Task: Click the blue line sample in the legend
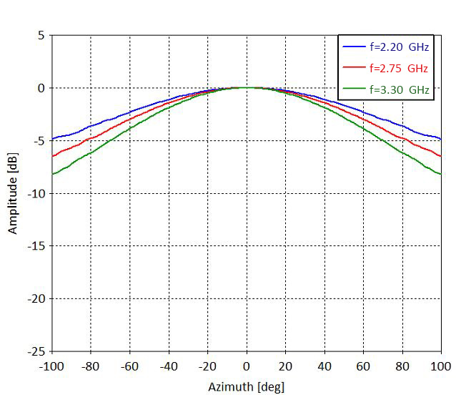tap(354, 47)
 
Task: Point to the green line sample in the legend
tap(354, 90)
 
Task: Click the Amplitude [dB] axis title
tap(13, 193)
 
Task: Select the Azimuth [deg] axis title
tap(247, 387)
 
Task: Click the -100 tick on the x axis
tap(53, 366)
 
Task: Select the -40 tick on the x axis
tap(169, 366)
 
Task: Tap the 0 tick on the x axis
tap(247, 366)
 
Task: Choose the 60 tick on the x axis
tap(363, 366)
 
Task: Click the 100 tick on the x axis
tap(439, 366)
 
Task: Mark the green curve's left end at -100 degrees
tap(53, 174)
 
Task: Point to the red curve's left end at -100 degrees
tap(53, 156)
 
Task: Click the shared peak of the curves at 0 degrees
tap(247, 87)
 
